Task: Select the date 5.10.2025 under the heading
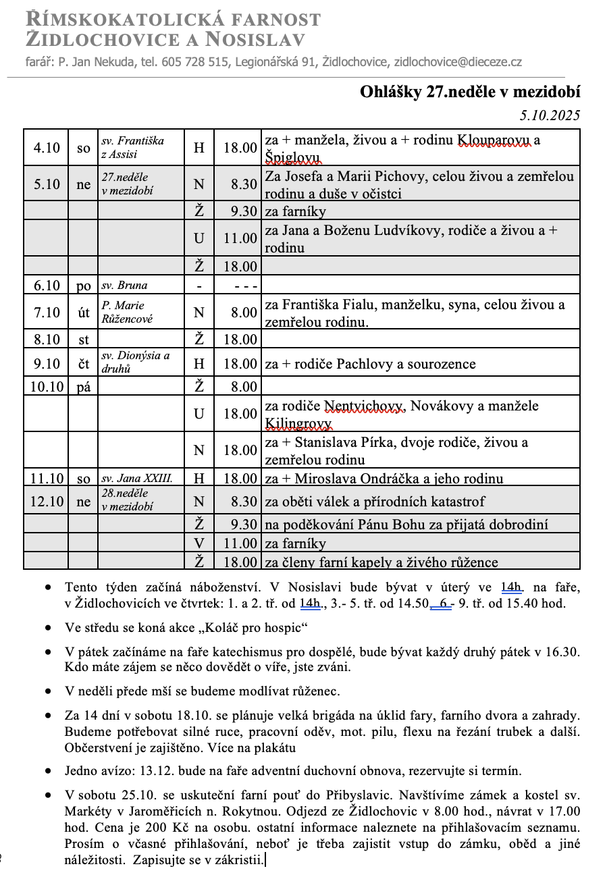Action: click(x=550, y=115)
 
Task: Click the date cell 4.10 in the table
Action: click(x=47, y=147)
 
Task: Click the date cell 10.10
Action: click(x=47, y=386)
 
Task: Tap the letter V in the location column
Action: click(x=199, y=543)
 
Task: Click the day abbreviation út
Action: click(x=83, y=312)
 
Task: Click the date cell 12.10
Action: click(x=47, y=502)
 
